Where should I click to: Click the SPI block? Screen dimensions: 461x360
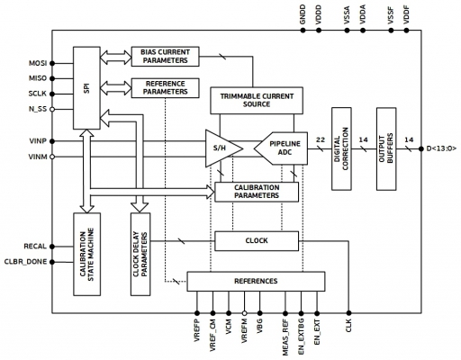pyautogui.click(x=86, y=88)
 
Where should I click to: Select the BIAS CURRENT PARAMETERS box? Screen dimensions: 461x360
pyautogui.click(x=166, y=57)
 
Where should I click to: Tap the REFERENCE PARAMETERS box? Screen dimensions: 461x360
pyautogui.click(x=166, y=88)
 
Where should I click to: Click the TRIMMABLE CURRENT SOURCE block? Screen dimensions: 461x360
pyautogui.click(x=257, y=101)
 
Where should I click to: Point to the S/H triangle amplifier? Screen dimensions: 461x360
pyautogui.click(x=223, y=148)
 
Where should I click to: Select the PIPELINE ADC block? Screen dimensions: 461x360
pyautogui.click(x=281, y=148)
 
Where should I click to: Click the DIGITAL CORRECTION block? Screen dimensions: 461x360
pyautogui.click(x=341, y=148)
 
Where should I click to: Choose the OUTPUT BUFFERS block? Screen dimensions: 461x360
pyautogui.click(x=386, y=148)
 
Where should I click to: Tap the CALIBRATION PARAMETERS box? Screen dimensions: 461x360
pyautogui.click(x=257, y=192)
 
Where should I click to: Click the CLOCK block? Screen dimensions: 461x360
pyautogui.click(x=257, y=241)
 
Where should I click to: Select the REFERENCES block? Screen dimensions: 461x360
pyautogui.click(x=256, y=282)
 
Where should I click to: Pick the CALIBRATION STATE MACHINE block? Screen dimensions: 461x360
pyautogui.click(x=86, y=255)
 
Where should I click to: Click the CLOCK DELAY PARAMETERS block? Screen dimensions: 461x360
pyautogui.click(x=140, y=255)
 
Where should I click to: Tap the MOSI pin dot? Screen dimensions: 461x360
pyautogui.click(x=52, y=63)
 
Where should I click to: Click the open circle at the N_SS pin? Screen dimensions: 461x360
pyautogui.click(x=52, y=109)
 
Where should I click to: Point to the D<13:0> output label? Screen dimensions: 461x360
pyautogui.click(x=441, y=148)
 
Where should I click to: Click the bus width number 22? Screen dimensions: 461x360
pyautogui.click(x=321, y=139)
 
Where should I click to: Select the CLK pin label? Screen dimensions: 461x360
pyautogui.click(x=348, y=326)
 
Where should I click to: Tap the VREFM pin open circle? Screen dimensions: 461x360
pyautogui.click(x=244, y=313)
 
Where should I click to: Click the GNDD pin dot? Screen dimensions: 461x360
pyautogui.click(x=303, y=31)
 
